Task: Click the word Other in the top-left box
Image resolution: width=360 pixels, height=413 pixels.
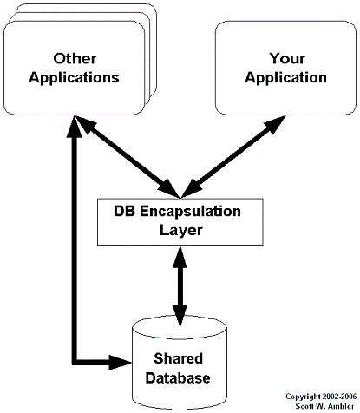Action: pos(75,58)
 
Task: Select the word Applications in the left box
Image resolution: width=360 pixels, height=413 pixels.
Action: pos(74,78)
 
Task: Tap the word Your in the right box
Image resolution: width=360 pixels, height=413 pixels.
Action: pos(287,58)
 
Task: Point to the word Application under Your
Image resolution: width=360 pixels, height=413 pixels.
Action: pos(285,78)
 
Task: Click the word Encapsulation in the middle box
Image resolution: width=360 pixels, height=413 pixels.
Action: pos(190,212)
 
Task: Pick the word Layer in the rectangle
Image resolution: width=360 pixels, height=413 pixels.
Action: pos(181,231)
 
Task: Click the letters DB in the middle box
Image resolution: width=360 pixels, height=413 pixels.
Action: pos(124,211)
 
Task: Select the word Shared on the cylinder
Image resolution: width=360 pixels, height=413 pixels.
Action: pos(178,358)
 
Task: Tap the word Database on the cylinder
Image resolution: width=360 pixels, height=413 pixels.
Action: pos(178,378)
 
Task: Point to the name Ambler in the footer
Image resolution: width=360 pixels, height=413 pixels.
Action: pos(342,406)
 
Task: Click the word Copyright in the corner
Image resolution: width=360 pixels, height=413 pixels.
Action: pos(304,397)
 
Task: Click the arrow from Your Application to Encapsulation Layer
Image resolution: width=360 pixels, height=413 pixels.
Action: pos(233,157)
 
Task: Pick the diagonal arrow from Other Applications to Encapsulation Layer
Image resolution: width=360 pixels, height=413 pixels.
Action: pos(128,157)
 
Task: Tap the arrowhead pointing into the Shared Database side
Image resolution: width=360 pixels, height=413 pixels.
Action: pos(121,362)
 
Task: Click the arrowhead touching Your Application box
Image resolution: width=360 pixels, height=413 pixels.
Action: pos(275,125)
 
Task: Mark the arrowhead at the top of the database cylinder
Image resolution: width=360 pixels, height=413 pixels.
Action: pos(180,316)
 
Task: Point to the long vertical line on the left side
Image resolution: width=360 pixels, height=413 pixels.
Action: pos(75,249)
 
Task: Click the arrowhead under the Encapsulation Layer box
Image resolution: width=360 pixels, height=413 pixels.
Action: pos(180,257)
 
